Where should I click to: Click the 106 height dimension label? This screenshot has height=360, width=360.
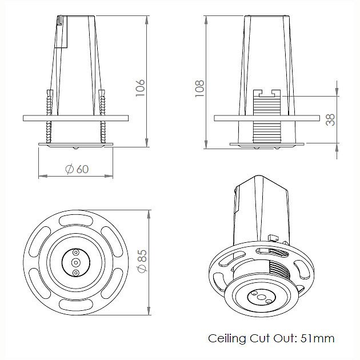point(140,88)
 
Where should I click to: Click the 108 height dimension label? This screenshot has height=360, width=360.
point(199,89)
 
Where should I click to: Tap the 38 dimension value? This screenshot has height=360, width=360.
point(330,119)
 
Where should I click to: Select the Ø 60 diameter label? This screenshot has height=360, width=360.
point(77,169)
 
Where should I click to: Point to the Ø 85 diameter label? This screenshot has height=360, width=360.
point(142,261)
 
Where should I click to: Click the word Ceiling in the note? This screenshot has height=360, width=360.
point(227,339)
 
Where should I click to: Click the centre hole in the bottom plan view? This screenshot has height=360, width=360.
point(75,262)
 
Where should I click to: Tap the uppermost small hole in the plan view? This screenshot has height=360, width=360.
point(76,253)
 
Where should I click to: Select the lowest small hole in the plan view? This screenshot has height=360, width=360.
point(75,273)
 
